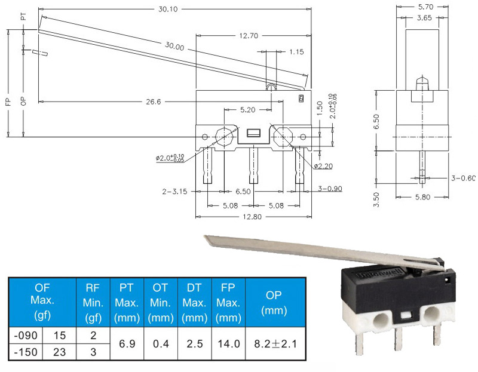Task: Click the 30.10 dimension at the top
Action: coord(168,9)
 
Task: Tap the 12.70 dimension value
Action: coord(249,36)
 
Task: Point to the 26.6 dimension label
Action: coord(154,102)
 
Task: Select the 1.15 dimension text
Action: coord(296,52)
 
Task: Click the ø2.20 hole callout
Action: coord(323,166)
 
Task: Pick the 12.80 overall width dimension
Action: coord(252,217)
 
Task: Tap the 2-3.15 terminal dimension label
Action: coord(174,192)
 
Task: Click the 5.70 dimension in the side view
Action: coord(425,7)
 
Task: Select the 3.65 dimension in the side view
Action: coord(424,18)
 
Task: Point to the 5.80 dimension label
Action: coord(422,197)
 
